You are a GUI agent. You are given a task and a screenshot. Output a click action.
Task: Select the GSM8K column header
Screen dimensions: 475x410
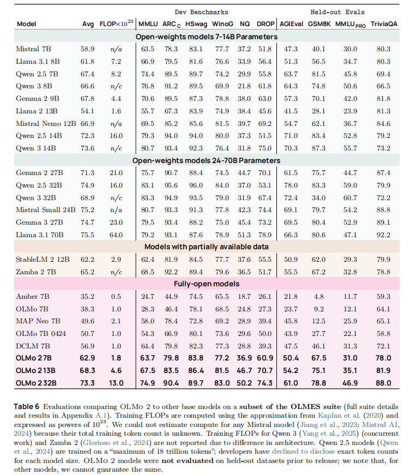(318, 24)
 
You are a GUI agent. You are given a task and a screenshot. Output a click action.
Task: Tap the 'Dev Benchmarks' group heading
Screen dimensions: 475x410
(202, 11)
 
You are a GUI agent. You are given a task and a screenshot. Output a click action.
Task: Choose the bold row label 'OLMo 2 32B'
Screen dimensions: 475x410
(39, 382)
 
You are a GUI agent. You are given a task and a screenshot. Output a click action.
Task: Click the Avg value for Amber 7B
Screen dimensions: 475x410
(88, 297)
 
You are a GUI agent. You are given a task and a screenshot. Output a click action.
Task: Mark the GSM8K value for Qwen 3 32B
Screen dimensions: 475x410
(318, 197)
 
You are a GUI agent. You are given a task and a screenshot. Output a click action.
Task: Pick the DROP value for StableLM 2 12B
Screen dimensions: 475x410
(264, 258)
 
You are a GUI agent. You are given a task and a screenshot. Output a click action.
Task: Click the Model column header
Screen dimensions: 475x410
(27, 24)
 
